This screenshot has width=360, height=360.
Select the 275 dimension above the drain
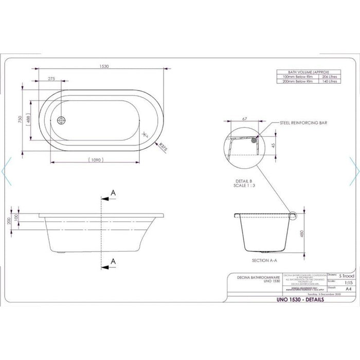coord(51,79)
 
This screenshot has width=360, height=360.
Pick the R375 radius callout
coord(164,147)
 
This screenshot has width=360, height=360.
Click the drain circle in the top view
coord(63,120)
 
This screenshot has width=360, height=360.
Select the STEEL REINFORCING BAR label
coord(303,123)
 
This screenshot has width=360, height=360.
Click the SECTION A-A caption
coord(248,261)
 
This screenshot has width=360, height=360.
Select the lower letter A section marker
coord(113,261)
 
